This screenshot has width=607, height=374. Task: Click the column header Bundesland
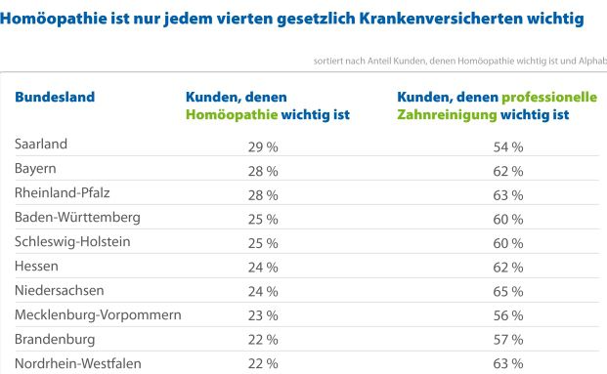point(54,97)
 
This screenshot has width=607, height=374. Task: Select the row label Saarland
point(41,145)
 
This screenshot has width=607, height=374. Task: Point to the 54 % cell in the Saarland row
point(508,145)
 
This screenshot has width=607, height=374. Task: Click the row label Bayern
point(36,169)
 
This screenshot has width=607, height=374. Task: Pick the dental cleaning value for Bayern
point(508,170)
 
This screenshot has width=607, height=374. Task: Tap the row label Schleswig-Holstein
point(72,241)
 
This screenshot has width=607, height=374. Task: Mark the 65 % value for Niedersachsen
point(508,291)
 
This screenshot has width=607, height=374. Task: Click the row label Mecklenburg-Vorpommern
point(98,314)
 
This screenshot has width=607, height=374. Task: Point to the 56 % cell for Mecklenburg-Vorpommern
point(508,315)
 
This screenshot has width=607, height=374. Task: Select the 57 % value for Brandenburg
point(508,340)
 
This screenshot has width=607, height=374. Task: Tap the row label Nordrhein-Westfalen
point(78,363)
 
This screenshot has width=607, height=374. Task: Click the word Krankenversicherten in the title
point(436,19)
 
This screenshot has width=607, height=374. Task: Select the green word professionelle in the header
point(548,97)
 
